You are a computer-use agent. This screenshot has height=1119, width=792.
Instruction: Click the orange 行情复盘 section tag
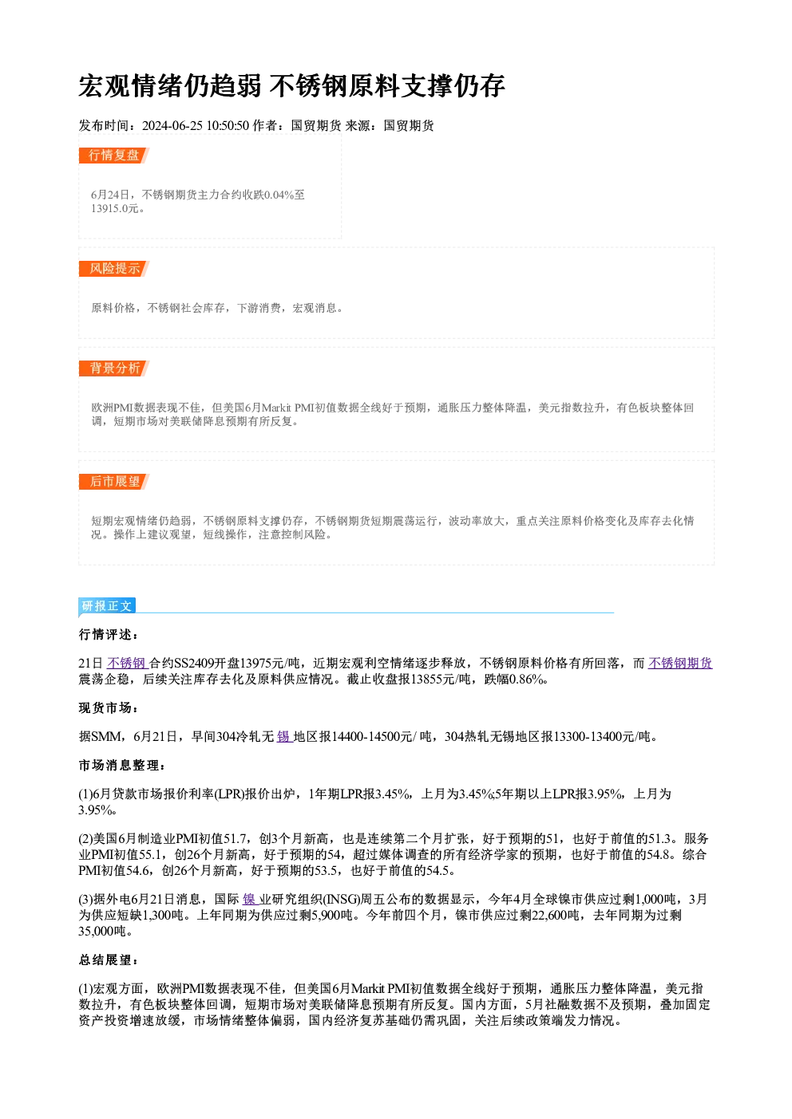(x=114, y=156)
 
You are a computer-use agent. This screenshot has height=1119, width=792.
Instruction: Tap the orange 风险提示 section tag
(x=114, y=268)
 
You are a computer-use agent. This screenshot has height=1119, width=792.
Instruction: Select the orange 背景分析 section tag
(x=114, y=368)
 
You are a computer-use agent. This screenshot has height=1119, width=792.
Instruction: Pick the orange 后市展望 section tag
(x=114, y=481)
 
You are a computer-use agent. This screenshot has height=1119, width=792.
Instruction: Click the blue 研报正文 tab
(x=107, y=605)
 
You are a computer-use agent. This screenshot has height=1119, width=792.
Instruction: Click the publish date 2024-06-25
(x=172, y=125)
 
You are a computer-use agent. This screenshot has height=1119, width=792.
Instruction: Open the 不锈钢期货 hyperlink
(x=680, y=663)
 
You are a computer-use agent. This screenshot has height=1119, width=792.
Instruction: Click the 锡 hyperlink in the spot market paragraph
(x=284, y=736)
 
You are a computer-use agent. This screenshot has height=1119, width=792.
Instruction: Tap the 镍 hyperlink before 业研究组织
(x=250, y=899)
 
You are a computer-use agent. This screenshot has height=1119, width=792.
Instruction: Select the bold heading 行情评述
(x=108, y=634)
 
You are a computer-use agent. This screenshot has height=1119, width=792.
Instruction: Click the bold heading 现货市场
(x=108, y=708)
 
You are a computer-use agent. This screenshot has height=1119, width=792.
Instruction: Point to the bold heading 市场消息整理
(x=121, y=766)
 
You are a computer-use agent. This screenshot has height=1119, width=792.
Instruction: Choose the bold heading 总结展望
(x=108, y=959)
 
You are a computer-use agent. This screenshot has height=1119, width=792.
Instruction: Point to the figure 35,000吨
(x=102, y=931)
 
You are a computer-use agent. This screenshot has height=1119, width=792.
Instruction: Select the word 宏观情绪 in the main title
(x=131, y=85)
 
